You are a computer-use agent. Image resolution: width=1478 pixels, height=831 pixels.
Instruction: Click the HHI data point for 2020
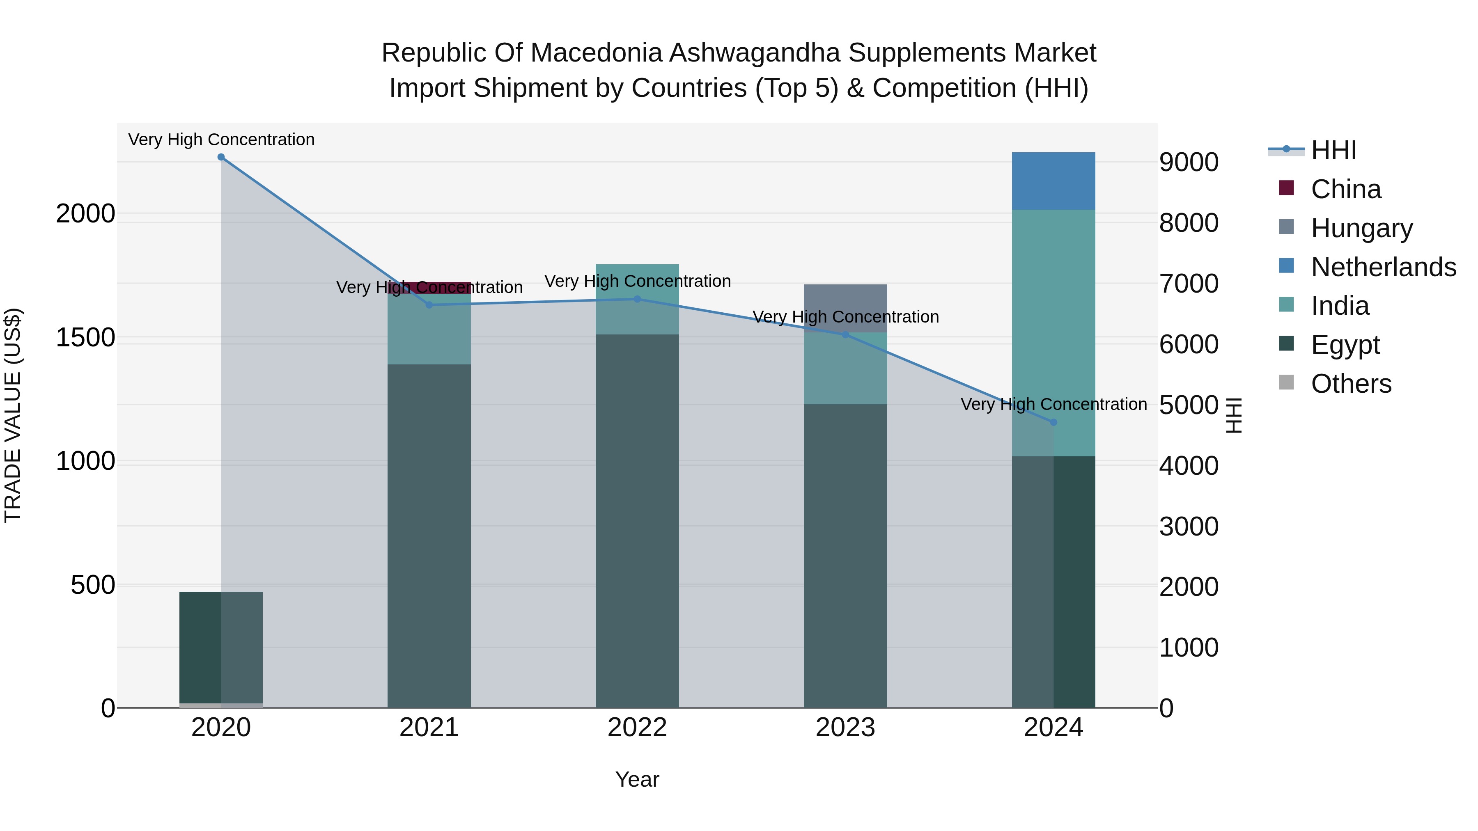pyautogui.click(x=221, y=157)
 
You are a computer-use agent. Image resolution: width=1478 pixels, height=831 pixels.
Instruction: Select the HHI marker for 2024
pyautogui.click(x=1053, y=422)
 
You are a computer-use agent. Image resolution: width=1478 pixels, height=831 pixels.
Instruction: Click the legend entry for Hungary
pyautogui.click(x=1361, y=228)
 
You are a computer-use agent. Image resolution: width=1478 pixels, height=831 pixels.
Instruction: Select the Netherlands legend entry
pyautogui.click(x=1383, y=267)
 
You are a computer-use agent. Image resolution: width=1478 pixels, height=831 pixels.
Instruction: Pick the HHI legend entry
pyautogui.click(x=1333, y=150)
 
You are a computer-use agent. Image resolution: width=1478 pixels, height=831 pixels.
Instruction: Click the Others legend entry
pyautogui.click(x=1351, y=384)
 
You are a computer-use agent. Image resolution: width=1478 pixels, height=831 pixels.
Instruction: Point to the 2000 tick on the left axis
pyautogui.click(x=85, y=214)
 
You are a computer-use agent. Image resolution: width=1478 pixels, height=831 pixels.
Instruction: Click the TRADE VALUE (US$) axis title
pyautogui.click(x=13, y=415)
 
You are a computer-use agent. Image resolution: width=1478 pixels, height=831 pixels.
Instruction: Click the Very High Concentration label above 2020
pyautogui.click(x=221, y=140)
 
